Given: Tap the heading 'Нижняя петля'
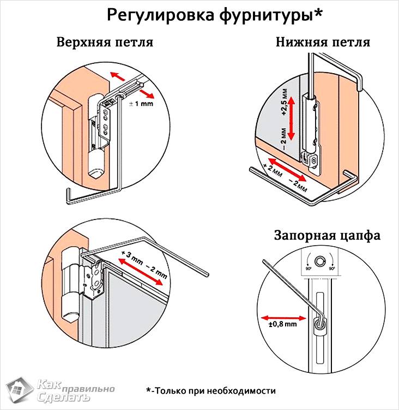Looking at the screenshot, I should [x=323, y=43].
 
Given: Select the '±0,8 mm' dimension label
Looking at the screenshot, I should [x=282, y=324].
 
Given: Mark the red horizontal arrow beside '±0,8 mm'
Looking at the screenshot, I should [x=282, y=316].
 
